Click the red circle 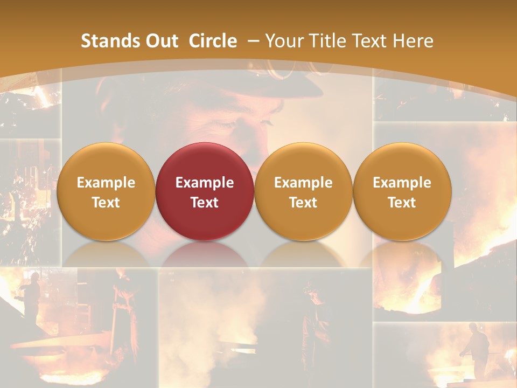tap(205, 192)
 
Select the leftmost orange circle tap(106, 192)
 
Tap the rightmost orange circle tap(402, 192)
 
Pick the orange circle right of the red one tap(303, 192)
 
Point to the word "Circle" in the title tap(213, 41)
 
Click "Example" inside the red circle tap(205, 183)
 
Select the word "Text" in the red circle tap(205, 203)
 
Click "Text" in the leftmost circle tap(106, 203)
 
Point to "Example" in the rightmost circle tap(402, 183)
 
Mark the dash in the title tap(253, 41)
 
